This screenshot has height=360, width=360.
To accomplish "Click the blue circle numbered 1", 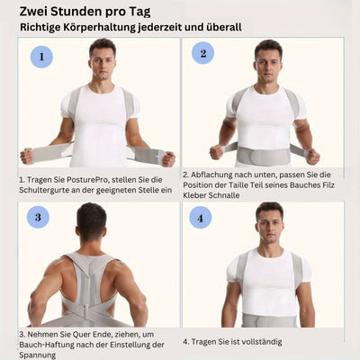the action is tap(41, 57).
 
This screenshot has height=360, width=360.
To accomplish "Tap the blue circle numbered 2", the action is tap(203, 53).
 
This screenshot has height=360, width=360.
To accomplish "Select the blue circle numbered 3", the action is tap(38, 217).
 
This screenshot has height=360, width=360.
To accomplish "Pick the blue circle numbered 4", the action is tap(201, 218).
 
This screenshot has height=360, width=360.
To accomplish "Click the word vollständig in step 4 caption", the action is tap(262, 342).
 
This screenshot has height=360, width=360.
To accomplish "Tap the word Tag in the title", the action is tap(140, 13).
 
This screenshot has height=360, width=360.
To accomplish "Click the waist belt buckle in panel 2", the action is tap(264, 155).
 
